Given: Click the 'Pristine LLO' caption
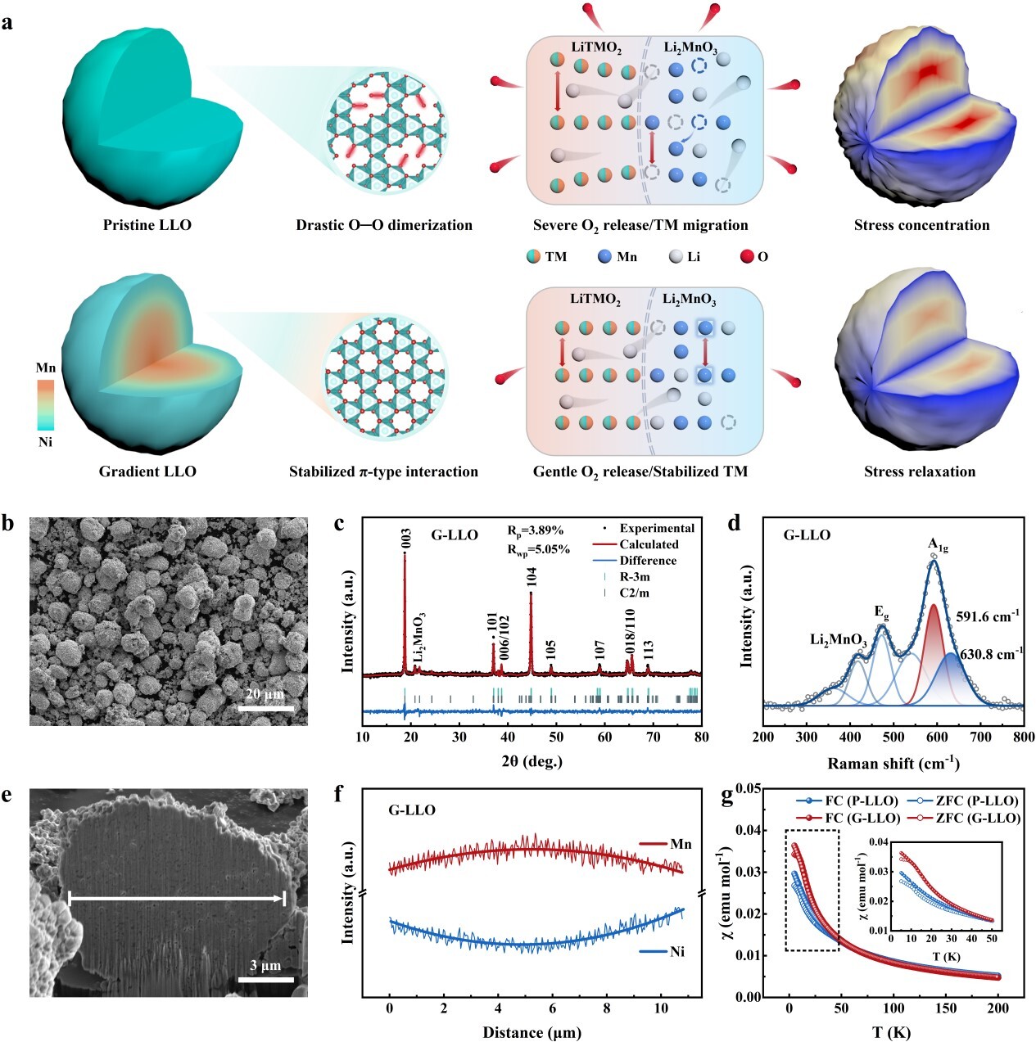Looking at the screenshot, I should click(x=147, y=225).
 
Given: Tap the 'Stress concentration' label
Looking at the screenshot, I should click(x=921, y=225).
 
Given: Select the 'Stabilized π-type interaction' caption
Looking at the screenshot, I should click(x=383, y=471).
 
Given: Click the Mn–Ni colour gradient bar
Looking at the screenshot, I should click(x=45, y=404).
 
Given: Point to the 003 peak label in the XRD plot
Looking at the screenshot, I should click(x=406, y=538).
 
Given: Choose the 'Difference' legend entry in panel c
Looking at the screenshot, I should click(x=647, y=561).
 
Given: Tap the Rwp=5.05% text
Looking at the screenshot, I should click(x=538, y=549).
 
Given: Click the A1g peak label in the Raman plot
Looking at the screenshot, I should click(x=938, y=545).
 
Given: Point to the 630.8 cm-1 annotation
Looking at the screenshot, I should click(x=988, y=654).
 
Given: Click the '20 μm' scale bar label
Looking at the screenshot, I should click(x=265, y=694).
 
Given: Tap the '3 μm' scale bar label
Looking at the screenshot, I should click(x=265, y=966).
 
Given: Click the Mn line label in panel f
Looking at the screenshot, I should click(x=681, y=844).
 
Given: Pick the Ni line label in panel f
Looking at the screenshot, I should click(x=677, y=951).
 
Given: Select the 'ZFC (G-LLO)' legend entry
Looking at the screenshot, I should click(x=977, y=818).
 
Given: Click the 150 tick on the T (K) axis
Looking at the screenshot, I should click(x=947, y=1008).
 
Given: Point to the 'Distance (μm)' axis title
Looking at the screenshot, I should click(x=532, y=1032).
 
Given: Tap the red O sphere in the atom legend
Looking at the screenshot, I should click(x=745, y=256).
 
